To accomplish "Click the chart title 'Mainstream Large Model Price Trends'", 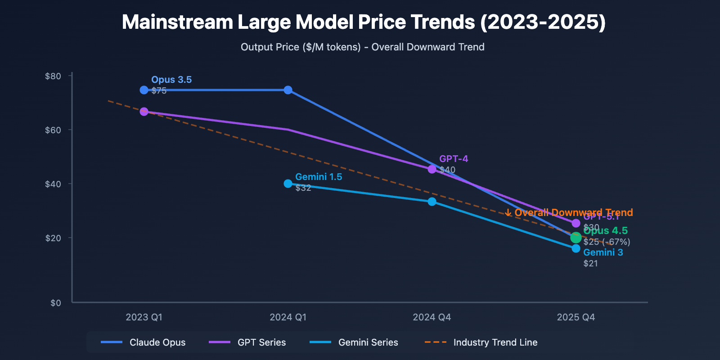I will coord(364,22).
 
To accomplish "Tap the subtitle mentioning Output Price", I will coord(362,47).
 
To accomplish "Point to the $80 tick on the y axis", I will coord(53,76).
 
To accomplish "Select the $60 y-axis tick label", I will coord(53,130).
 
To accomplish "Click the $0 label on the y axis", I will coord(56,303).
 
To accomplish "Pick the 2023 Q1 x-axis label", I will coord(144,317).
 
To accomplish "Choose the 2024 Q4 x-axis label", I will coord(432,317).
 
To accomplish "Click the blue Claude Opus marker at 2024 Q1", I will coord(288,90).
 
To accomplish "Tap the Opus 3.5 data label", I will coord(171,80).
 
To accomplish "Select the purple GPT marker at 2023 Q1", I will coord(144,112).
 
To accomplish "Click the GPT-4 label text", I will coord(454,159).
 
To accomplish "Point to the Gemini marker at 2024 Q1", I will coord(288,184).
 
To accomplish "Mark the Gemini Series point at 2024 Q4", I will coord(432,202).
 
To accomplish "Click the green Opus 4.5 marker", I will coord(576,238).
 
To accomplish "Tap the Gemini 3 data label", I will coord(603,252).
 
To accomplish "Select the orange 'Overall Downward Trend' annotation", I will coord(569,212).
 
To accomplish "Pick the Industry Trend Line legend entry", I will coord(481,342).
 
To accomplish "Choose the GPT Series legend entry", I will coord(248,342).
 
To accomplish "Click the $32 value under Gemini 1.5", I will coord(303,188).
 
